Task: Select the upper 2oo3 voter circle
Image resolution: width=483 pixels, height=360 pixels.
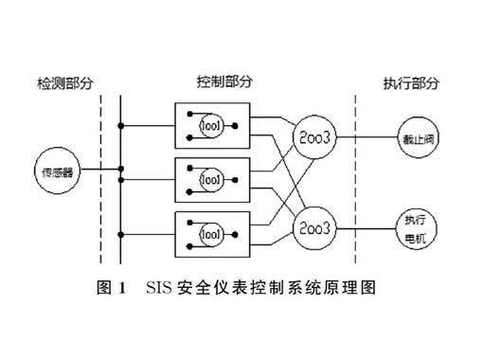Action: tap(312, 136)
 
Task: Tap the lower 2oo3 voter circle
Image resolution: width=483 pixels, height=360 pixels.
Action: tap(312, 228)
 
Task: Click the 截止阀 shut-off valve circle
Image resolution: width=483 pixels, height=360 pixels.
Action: tap(412, 136)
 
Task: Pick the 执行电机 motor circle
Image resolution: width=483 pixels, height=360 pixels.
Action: tap(412, 228)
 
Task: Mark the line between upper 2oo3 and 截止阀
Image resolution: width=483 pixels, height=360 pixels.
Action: tap(361, 136)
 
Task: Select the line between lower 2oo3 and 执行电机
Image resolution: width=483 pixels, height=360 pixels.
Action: tap(361, 228)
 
